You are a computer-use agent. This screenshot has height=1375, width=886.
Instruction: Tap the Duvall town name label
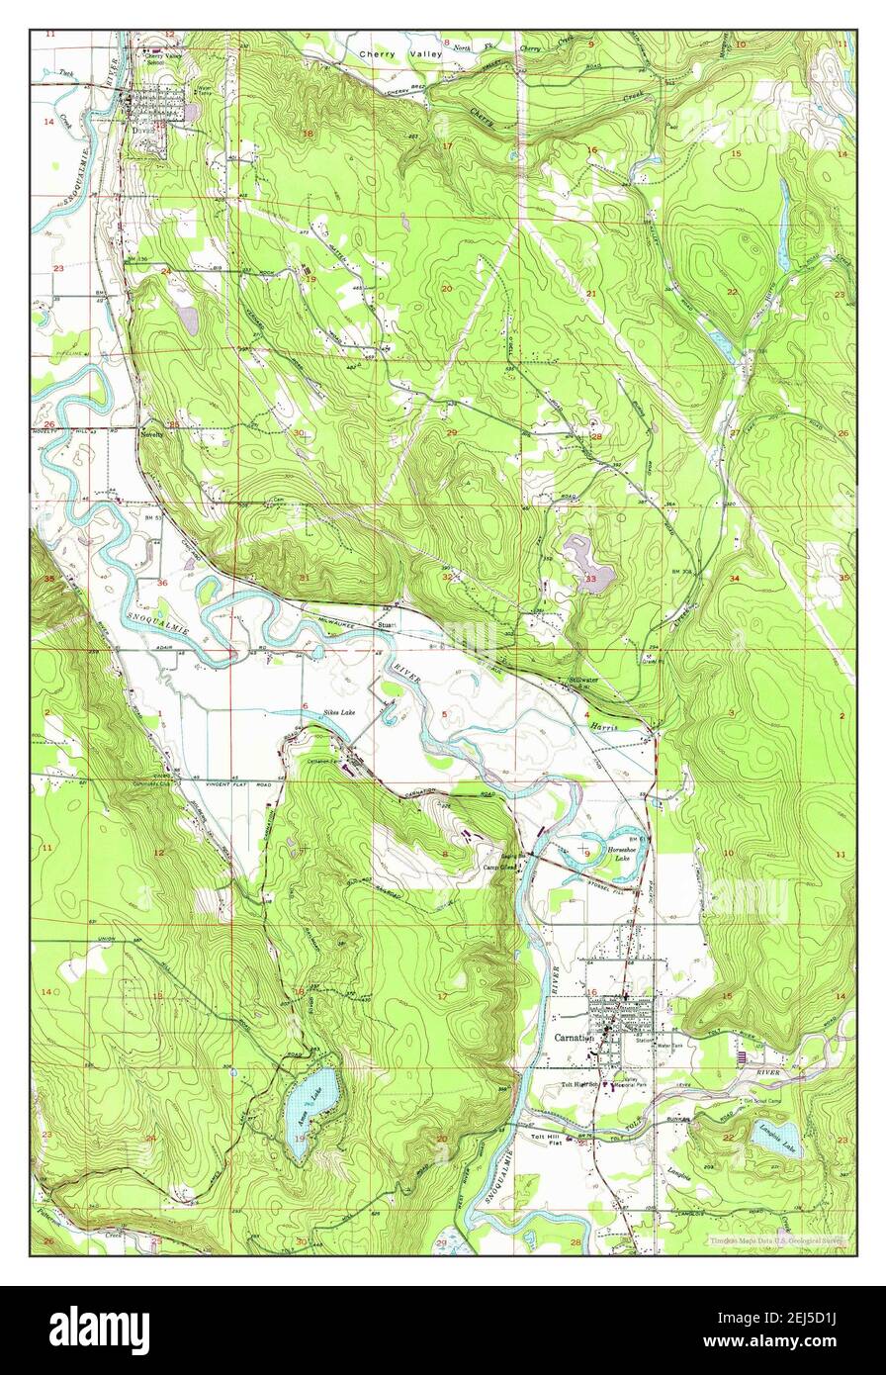coord(145,144)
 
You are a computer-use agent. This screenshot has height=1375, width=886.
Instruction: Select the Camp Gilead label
coord(497,867)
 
